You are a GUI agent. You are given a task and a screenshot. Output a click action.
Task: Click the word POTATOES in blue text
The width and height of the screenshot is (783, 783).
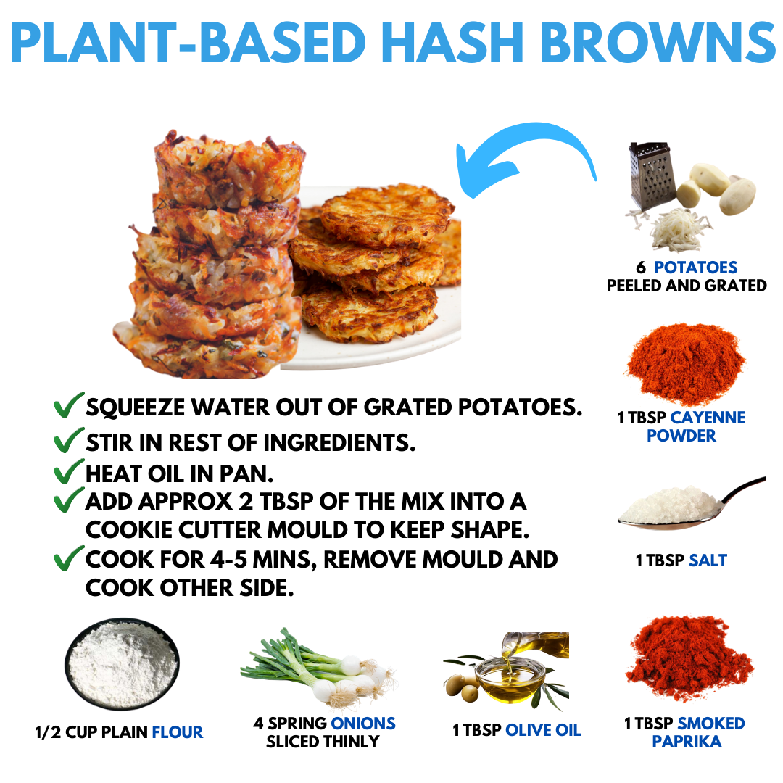pos(695,267)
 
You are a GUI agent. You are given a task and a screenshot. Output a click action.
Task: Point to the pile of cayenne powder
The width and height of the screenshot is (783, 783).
pos(686,363)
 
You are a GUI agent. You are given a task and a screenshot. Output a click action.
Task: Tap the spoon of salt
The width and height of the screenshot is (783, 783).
pos(692,505)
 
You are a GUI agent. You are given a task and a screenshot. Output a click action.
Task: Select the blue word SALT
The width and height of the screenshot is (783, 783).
pos(708,560)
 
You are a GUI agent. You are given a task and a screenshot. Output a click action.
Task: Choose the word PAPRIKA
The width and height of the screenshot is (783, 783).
pos(687,742)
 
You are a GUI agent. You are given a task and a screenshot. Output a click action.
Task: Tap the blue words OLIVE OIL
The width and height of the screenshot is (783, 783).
pos(543,730)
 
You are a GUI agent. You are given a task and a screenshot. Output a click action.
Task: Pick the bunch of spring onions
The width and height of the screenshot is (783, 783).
pos(320,667)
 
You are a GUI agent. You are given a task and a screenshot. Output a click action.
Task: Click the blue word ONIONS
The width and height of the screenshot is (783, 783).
pos(363,723)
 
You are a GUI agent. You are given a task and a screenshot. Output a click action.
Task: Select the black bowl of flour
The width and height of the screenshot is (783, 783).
pos(122,663)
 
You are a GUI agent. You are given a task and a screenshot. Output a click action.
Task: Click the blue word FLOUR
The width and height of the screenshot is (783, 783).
pos(178,732)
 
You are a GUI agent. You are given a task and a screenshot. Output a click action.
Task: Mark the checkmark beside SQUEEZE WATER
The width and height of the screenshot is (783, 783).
pos(68,405)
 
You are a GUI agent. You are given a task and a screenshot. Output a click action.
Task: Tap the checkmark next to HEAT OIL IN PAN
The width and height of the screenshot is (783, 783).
pos(68,472)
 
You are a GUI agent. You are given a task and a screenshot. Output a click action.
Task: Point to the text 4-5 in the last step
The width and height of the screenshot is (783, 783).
pos(228,560)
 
